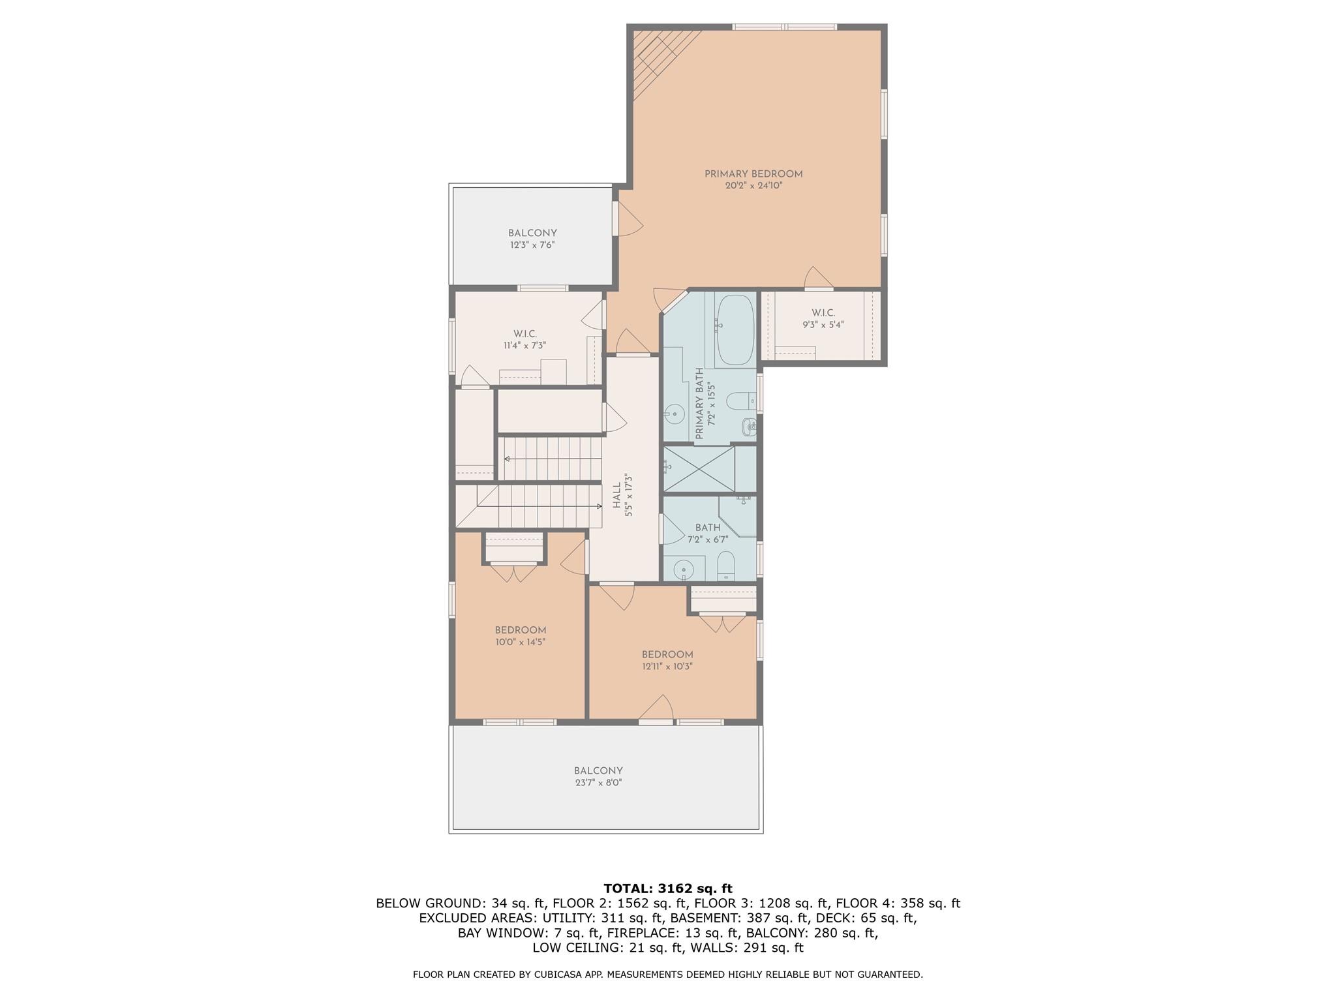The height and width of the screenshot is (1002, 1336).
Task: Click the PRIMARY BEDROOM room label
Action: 753,174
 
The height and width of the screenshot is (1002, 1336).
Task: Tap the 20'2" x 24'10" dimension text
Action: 753,186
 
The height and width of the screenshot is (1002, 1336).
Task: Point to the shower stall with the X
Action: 699,468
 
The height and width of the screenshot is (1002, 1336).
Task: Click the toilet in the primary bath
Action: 740,400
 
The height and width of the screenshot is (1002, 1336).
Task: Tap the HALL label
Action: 617,496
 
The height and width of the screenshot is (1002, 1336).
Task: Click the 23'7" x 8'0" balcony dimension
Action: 598,783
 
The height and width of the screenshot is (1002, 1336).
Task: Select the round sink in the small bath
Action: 683,568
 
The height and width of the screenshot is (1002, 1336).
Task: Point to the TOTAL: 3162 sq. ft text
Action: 667,888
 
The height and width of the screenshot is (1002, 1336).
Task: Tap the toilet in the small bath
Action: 725,565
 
